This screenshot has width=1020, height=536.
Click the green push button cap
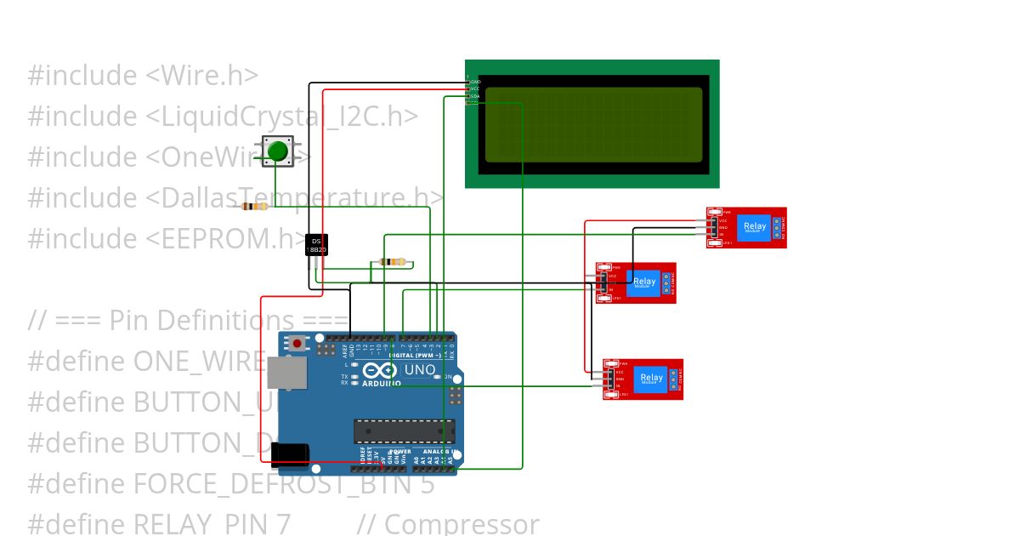click(277, 152)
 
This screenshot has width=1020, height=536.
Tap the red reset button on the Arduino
click(297, 344)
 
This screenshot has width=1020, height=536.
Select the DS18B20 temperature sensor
click(316, 245)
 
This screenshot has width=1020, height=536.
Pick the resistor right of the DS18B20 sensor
click(391, 262)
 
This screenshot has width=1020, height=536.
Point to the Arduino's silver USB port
click(286, 373)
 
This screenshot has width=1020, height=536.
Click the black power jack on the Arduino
click(290, 454)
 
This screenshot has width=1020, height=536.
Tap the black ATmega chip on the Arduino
click(404, 431)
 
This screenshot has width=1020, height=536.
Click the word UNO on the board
click(419, 371)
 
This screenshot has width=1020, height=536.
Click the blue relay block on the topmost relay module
click(754, 226)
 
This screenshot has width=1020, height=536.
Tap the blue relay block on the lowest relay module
click(651, 378)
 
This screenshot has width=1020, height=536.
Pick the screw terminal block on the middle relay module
click(667, 282)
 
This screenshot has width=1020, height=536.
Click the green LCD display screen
click(592, 124)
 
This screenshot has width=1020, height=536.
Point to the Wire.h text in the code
click(202, 76)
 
